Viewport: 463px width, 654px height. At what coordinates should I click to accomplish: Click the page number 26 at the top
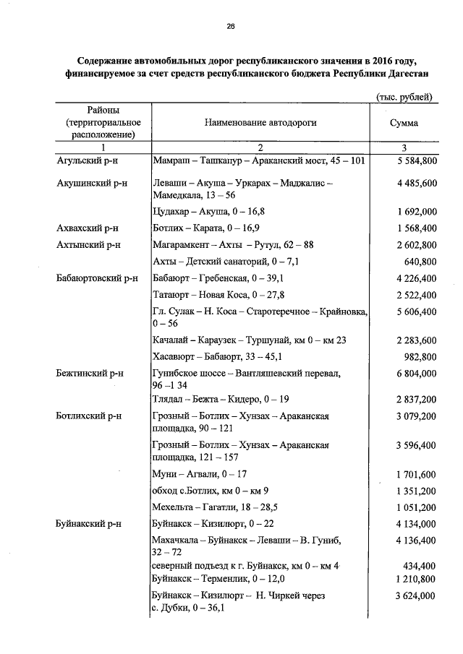coord(231,27)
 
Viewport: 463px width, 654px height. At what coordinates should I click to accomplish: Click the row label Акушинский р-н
coord(92,184)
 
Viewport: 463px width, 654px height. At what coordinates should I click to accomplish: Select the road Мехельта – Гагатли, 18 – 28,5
coord(216,507)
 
